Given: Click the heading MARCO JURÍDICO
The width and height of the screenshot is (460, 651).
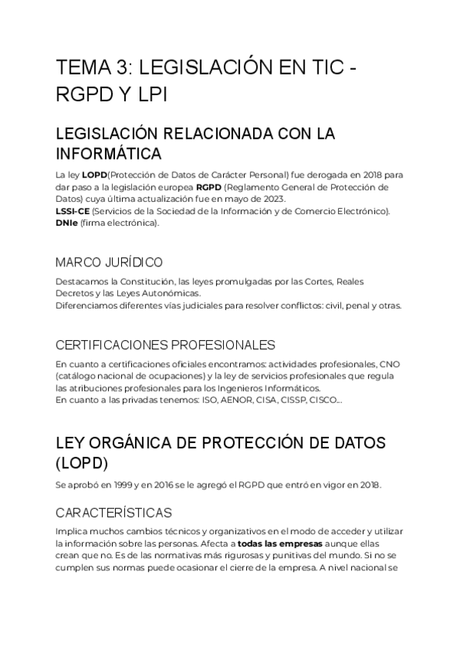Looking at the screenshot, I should coord(109,262).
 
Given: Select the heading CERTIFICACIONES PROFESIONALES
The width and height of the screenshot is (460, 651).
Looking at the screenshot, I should coord(166,345).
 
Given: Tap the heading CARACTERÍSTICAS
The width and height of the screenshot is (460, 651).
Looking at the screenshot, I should coord(113,512).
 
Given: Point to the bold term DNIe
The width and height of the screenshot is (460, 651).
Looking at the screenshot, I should coord(66,223).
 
